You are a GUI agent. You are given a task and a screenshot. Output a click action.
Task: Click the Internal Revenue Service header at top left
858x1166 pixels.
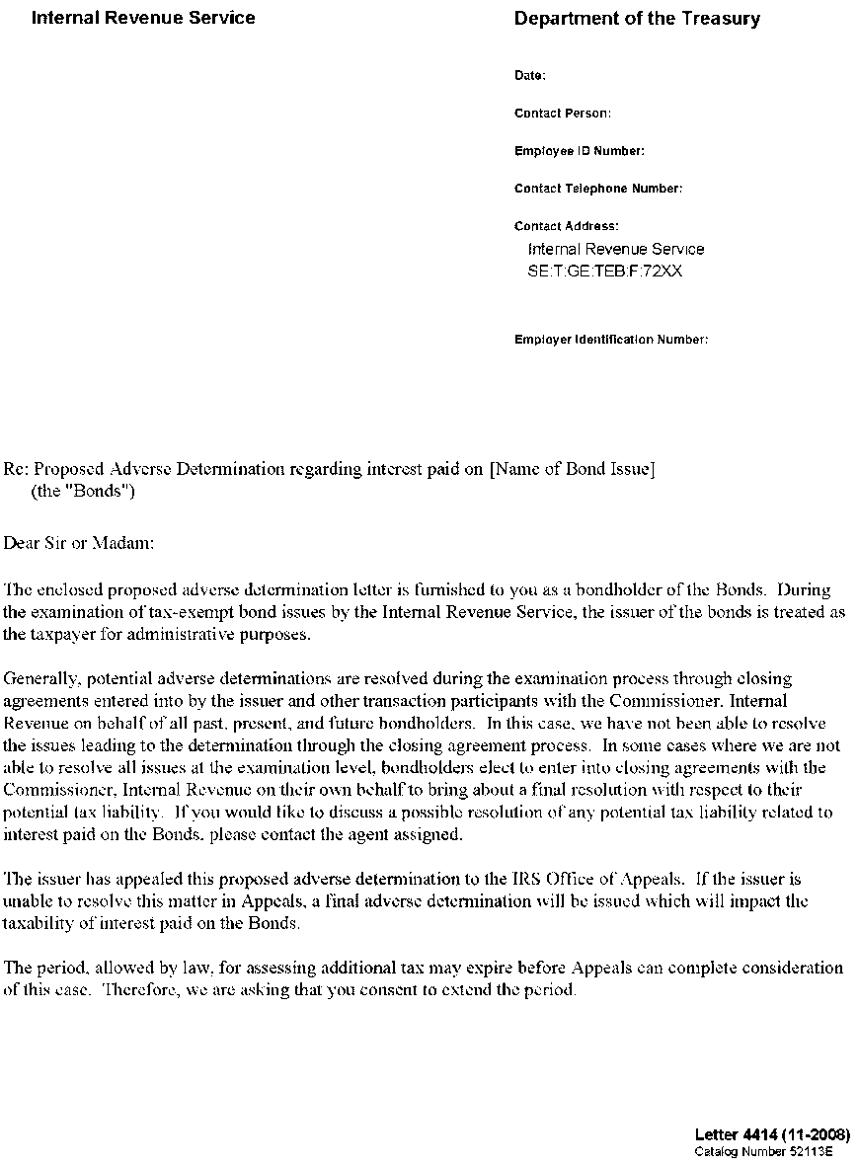click(143, 18)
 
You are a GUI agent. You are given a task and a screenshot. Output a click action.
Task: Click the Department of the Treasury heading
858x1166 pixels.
click(637, 19)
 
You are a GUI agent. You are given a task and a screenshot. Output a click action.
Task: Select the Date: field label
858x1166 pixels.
click(530, 76)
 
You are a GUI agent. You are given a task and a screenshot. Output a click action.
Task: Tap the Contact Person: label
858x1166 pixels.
click(563, 114)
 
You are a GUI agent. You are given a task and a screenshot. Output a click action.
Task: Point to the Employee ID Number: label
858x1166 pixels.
click(580, 151)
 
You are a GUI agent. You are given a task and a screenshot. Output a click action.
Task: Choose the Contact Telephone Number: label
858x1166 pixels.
click(598, 189)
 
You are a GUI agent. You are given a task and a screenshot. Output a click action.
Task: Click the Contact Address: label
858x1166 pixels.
click(567, 226)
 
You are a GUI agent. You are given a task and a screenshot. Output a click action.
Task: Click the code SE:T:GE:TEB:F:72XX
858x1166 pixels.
click(605, 271)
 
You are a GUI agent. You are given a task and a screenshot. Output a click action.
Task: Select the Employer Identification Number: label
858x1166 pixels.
click(611, 340)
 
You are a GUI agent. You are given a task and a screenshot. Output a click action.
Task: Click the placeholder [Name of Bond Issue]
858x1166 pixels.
click(572, 469)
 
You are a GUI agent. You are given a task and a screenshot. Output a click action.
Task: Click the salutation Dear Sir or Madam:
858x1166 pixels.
click(80, 543)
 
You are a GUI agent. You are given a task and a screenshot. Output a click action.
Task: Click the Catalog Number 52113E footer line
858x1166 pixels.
click(764, 1151)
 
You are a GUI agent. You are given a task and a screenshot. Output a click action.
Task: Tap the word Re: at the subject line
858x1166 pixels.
click(17, 469)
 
